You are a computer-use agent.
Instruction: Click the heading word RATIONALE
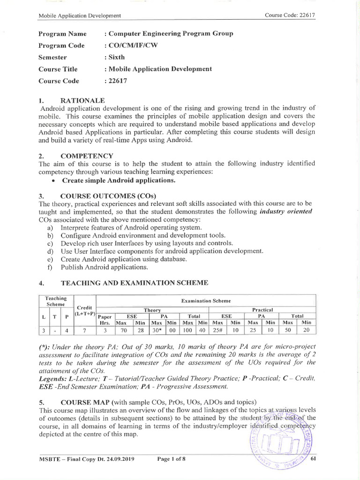coord(82,101)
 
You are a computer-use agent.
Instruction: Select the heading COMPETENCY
coord(87,156)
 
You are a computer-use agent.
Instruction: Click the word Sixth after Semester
coord(116,57)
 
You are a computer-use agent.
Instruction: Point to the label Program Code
coord(61,45)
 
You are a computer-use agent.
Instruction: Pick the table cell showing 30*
coord(157,330)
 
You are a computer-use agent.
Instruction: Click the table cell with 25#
coord(217,330)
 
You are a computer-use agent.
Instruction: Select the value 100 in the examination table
coord(187,330)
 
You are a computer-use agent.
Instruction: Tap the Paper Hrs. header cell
coord(105,319)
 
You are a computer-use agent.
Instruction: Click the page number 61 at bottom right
coord(314,459)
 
